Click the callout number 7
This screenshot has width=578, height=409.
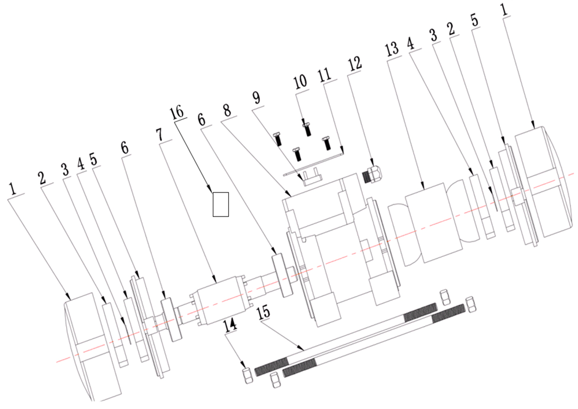click(x=159, y=135)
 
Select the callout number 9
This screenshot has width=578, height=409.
click(x=256, y=98)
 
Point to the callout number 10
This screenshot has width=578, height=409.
click(x=300, y=81)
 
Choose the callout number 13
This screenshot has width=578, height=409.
click(x=392, y=49)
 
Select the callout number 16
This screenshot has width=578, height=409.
click(x=177, y=112)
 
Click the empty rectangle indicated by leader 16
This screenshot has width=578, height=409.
click(x=221, y=204)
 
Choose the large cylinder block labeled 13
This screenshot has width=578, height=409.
click(x=433, y=222)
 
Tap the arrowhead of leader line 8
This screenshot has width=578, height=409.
click(x=290, y=194)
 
